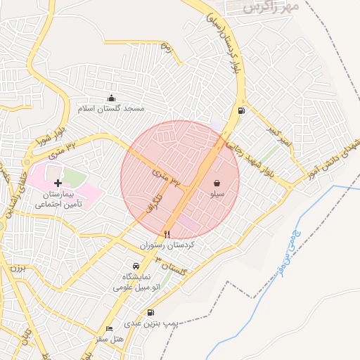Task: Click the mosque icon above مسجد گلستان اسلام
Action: tap(111, 98)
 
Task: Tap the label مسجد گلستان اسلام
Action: tap(111, 110)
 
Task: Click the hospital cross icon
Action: tap(58, 183)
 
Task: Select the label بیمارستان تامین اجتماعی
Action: tap(58, 198)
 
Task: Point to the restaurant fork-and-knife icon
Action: tap(167, 235)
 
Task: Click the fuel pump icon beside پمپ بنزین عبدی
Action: tap(150, 312)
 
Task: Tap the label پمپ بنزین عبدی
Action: tap(152, 323)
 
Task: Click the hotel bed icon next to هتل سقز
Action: tap(108, 329)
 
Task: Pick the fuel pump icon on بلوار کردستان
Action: tap(242, 110)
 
